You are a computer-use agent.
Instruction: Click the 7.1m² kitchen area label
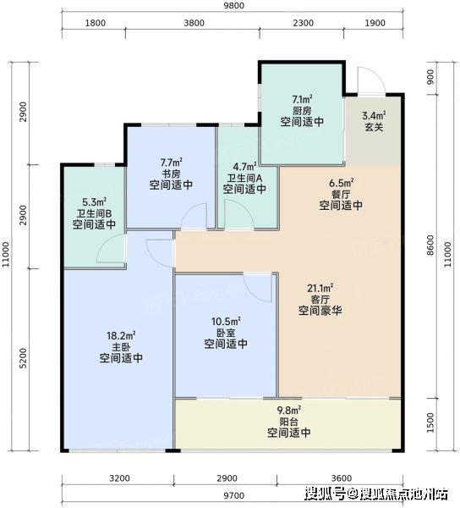click(x=302, y=98)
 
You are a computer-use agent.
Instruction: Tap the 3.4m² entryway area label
click(x=374, y=115)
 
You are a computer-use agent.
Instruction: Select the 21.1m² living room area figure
click(x=320, y=288)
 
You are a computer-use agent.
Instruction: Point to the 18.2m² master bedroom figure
click(x=121, y=335)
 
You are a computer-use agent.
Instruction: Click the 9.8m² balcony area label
click(x=289, y=411)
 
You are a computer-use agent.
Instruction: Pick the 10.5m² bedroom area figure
click(x=226, y=322)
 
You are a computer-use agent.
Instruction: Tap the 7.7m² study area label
click(x=171, y=161)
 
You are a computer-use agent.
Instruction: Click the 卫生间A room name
click(x=244, y=178)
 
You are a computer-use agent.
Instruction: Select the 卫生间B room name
click(x=94, y=213)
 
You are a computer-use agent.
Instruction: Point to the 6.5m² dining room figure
click(x=342, y=183)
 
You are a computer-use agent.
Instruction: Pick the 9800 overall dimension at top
click(x=233, y=6)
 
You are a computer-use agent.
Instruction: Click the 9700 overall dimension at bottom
click(x=233, y=495)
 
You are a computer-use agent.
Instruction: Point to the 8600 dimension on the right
click(x=430, y=246)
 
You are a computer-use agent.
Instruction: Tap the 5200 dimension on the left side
click(x=23, y=358)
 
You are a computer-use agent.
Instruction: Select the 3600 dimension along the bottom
click(x=342, y=478)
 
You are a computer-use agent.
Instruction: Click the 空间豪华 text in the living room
click(x=320, y=311)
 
